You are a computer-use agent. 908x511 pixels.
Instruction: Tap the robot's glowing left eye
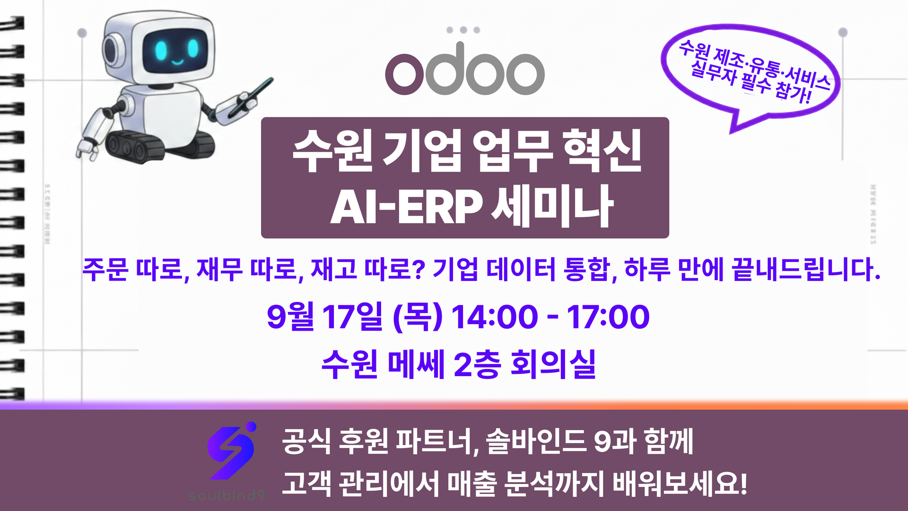tap(162, 49)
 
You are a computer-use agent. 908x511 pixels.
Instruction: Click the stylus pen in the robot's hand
tap(251, 97)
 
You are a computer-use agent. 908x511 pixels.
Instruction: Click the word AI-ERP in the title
tap(406, 207)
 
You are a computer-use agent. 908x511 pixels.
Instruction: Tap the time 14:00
tap(495, 317)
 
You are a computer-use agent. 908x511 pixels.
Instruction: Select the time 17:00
tap(608, 317)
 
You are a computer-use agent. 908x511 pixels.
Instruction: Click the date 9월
tap(290, 317)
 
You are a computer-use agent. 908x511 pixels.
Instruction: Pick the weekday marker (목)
tap(418, 317)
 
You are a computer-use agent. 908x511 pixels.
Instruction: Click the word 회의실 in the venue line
tap(553, 364)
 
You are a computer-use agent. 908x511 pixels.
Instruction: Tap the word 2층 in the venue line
tap(477, 364)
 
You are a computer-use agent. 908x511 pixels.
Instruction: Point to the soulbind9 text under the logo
tap(227, 495)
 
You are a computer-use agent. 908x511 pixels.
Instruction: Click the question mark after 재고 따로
tap(419, 269)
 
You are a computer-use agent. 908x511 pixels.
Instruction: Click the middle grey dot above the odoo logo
tap(463, 30)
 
